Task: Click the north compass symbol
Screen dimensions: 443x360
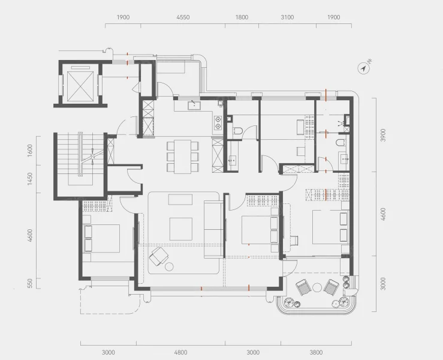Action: click(364, 68)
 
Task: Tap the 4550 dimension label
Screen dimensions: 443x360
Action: click(183, 17)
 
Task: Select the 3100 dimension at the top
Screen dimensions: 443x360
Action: click(287, 17)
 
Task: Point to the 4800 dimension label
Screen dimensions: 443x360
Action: click(180, 352)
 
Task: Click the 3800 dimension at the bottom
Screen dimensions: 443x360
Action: click(316, 352)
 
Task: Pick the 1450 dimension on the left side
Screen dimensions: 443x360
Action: click(30, 179)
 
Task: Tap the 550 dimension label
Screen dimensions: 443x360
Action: click(30, 283)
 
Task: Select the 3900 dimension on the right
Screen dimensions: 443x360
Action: click(383, 135)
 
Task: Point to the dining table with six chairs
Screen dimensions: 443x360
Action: click(182, 157)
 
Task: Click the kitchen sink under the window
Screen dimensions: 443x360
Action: click(194, 105)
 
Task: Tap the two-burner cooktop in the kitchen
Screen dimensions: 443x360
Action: click(218, 123)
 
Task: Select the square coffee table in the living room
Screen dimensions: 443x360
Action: click(181, 229)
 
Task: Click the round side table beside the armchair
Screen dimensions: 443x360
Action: click(170, 266)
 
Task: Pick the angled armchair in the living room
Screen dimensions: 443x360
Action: click(158, 256)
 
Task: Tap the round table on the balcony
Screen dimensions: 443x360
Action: click(317, 288)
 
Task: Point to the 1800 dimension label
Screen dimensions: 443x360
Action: click(242, 17)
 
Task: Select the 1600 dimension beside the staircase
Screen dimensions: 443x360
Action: click(30, 151)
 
